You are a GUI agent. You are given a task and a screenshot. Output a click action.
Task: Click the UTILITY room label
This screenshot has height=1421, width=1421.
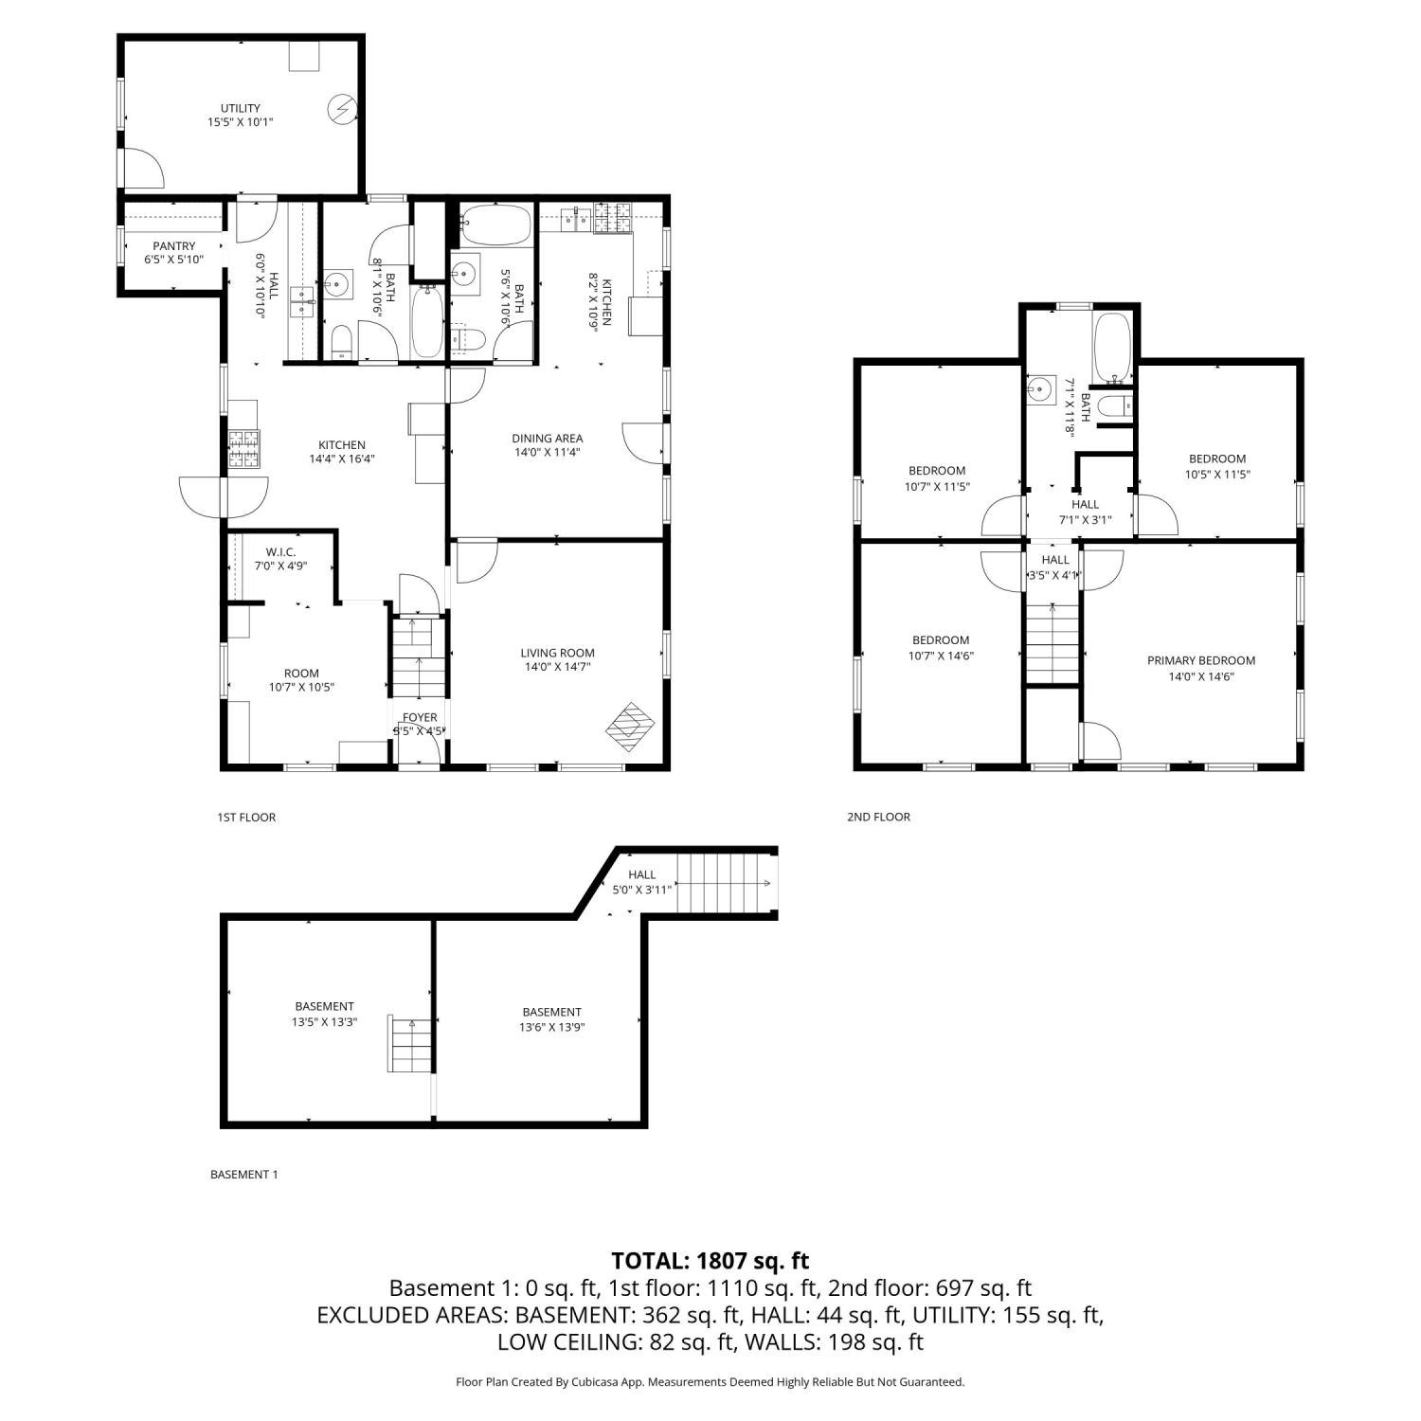tap(241, 108)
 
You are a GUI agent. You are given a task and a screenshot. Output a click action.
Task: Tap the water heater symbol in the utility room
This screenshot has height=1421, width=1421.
tap(340, 110)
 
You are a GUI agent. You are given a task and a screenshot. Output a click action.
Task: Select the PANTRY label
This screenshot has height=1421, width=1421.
tap(174, 246)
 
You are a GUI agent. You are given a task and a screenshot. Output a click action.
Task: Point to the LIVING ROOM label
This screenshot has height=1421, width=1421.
tap(558, 653)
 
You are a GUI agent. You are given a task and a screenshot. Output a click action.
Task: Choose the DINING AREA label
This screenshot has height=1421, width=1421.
tap(548, 439)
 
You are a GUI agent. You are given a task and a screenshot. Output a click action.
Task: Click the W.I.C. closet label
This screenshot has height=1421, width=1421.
tap(280, 551)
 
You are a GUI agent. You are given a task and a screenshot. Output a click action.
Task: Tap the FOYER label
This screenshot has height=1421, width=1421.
tap(420, 717)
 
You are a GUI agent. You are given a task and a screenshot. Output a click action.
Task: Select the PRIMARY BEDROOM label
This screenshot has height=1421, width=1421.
tap(1201, 661)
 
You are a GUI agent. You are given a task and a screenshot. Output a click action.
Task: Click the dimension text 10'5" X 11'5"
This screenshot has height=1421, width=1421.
tap(1217, 475)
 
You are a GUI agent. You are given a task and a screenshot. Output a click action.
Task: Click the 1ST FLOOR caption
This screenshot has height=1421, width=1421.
tap(246, 818)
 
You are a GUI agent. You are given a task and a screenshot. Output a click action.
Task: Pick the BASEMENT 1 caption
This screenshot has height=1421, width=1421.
tap(244, 1175)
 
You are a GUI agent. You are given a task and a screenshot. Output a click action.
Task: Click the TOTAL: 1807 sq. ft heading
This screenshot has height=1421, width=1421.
tap(710, 1261)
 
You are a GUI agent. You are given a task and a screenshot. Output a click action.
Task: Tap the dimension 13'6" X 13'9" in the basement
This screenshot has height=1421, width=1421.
tap(552, 1028)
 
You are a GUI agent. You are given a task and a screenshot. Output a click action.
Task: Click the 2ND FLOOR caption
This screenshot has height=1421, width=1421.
tap(878, 818)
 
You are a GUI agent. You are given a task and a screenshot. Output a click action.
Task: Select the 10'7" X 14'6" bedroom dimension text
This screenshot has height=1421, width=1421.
tap(941, 656)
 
